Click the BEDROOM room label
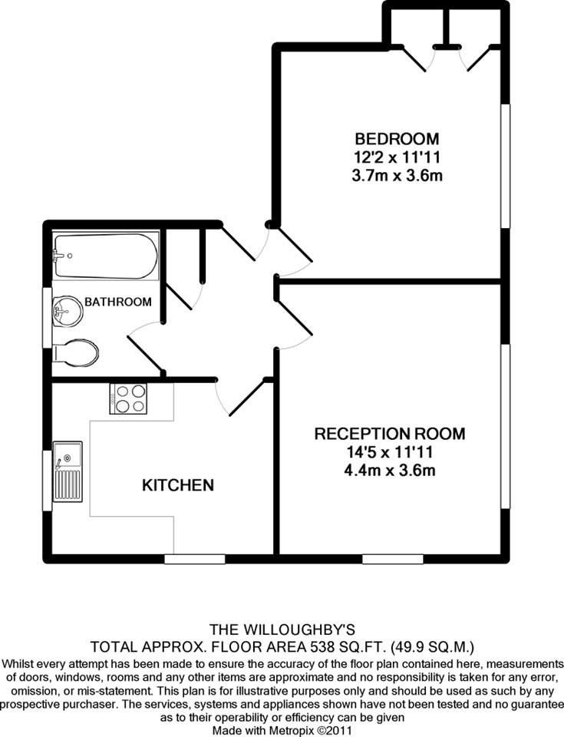[x=397, y=139]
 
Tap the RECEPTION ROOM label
[x=390, y=433]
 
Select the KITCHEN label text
[x=178, y=484]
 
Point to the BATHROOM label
[x=118, y=302]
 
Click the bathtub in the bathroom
[x=106, y=256]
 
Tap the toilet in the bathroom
[x=76, y=352]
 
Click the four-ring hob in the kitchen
[x=128, y=398]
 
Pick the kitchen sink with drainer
[x=68, y=471]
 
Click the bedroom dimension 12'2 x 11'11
[x=397, y=157]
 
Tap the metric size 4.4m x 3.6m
[x=390, y=470]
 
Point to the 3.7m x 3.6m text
[x=397, y=175]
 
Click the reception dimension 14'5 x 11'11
[x=390, y=452]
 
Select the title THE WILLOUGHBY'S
[x=282, y=629]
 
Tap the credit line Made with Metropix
[x=282, y=731]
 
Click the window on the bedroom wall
[x=505, y=166]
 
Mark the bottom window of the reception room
[x=393, y=559]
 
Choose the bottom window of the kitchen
[x=195, y=559]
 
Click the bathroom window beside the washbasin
[x=47, y=317]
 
